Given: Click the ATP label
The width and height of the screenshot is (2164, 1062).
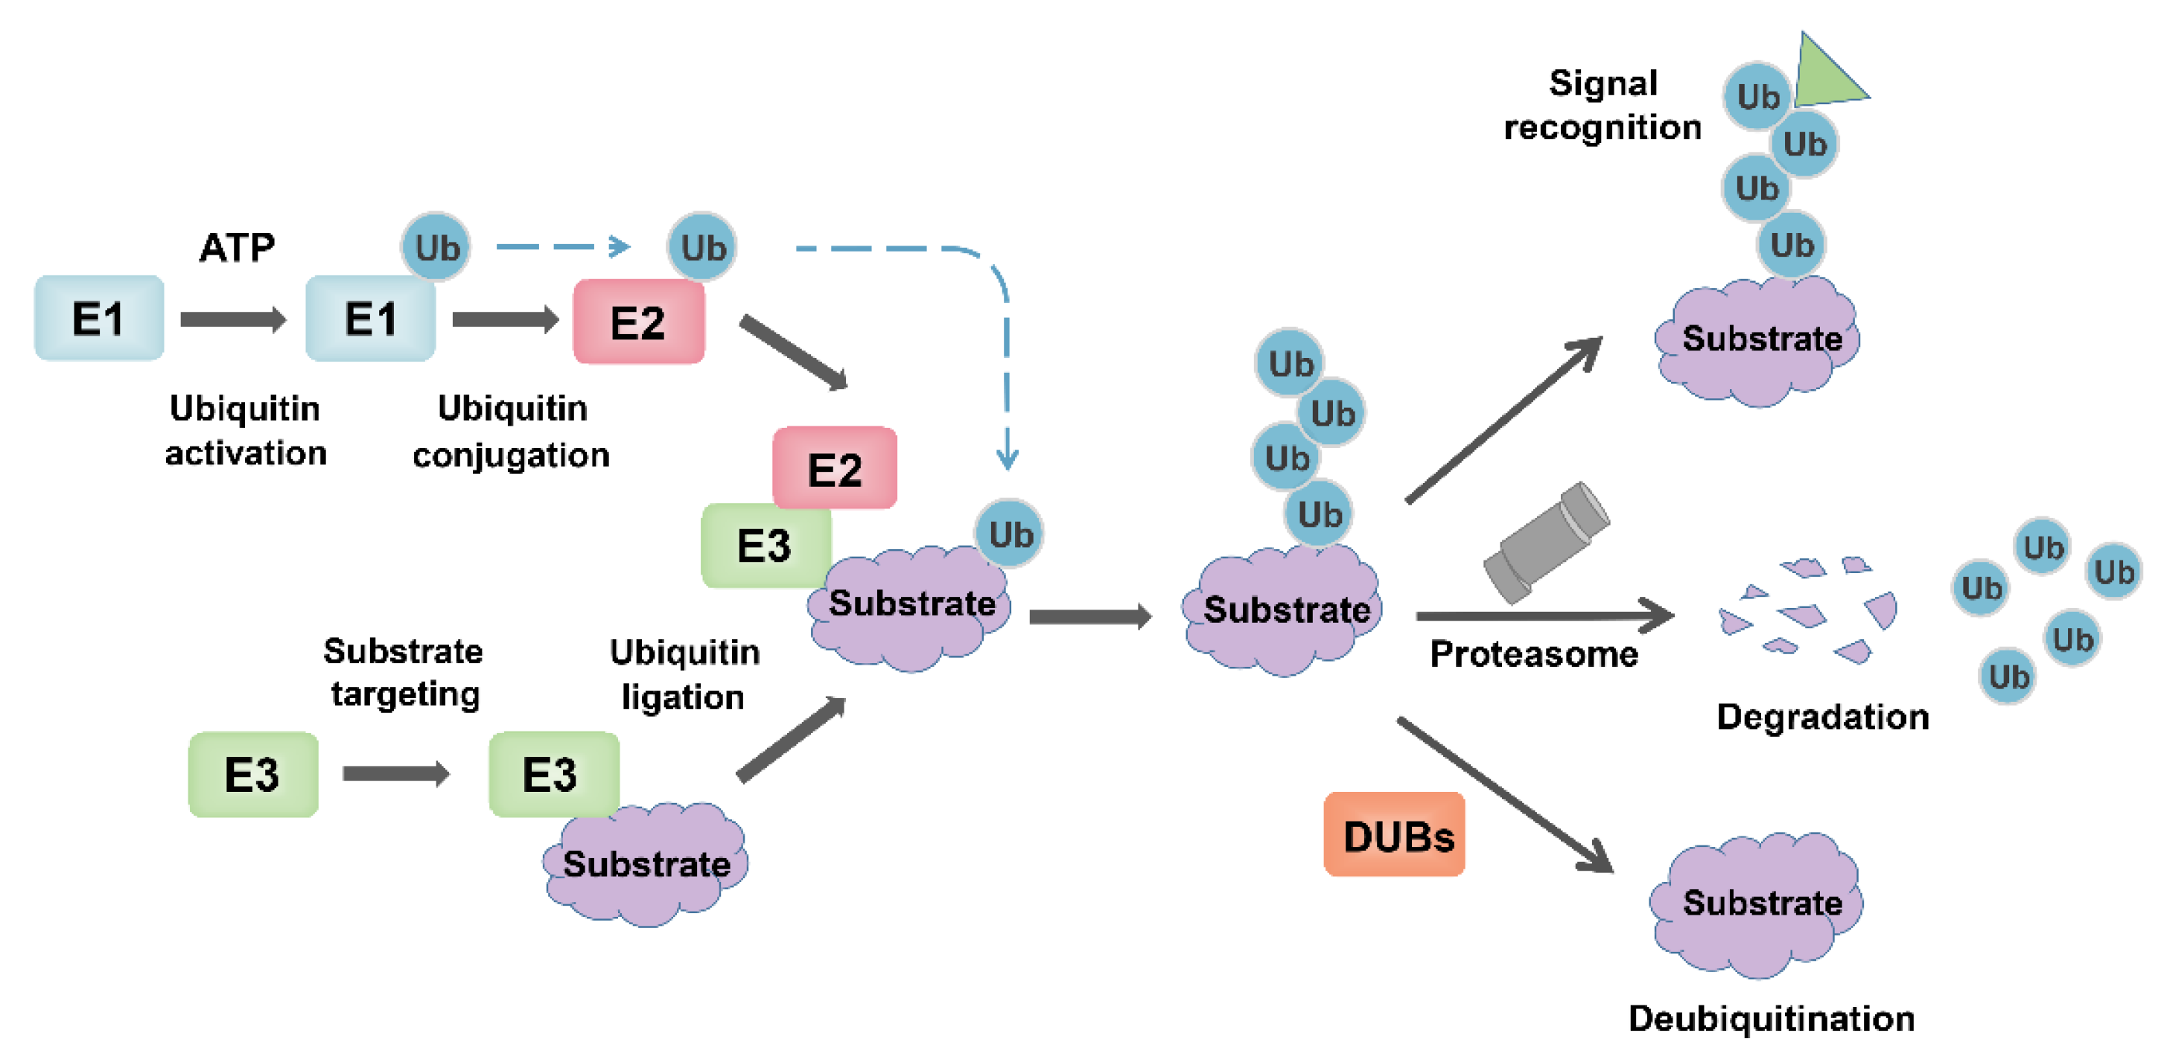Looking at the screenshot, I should [237, 248].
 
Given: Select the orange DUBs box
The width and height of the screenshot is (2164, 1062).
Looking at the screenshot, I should [1395, 834].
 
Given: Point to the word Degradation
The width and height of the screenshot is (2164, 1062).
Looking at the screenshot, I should [1822, 717].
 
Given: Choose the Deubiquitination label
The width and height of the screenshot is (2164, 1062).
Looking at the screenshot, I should [1771, 1018].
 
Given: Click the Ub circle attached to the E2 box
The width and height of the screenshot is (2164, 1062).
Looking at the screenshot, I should [702, 247].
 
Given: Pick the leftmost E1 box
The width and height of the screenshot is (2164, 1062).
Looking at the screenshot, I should [99, 319].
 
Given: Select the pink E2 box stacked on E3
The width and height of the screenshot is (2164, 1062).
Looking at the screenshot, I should [834, 467].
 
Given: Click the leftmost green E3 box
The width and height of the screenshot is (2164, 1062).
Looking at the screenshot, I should [253, 774].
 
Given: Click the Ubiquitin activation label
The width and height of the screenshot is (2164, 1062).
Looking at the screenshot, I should [245, 431].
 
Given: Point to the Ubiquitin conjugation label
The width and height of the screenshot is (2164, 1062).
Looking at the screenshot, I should [512, 432].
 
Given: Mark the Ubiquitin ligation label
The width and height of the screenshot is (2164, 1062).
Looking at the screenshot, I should [684, 674].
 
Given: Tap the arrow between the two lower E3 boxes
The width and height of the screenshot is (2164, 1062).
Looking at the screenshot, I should [395, 773].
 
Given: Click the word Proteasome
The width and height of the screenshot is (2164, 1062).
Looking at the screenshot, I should [1534, 654].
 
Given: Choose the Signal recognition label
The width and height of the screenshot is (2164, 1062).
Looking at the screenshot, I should [1603, 105].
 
